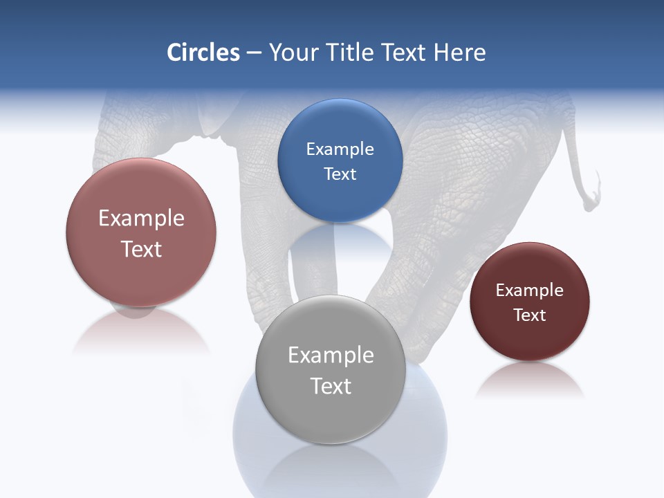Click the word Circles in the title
(x=203, y=53)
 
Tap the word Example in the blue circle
(x=340, y=149)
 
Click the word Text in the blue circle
(x=340, y=174)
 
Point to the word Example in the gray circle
(x=331, y=356)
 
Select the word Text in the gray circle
(x=331, y=386)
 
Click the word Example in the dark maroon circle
(x=530, y=290)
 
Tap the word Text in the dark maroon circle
(x=530, y=315)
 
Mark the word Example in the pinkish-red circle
(x=141, y=219)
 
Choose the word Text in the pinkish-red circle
(x=141, y=249)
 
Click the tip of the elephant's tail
(x=590, y=205)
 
